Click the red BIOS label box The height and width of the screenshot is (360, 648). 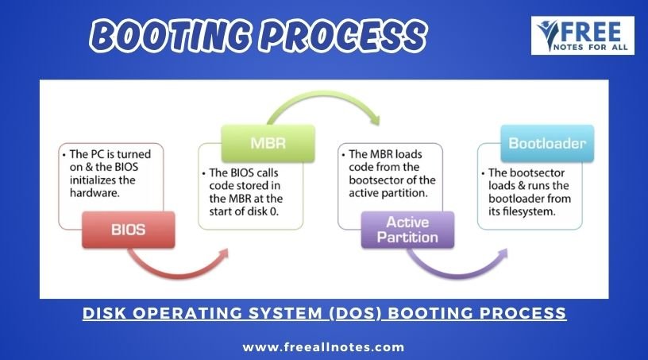129,230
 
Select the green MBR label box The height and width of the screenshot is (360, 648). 268,143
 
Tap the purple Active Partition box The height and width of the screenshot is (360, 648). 407,230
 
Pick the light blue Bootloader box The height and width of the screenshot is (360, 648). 547,143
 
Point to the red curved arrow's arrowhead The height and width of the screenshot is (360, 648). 223,254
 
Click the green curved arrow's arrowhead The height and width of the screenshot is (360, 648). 374,119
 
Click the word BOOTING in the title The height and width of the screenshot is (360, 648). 170,36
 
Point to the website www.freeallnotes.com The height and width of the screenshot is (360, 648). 323,346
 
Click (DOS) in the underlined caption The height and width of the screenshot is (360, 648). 356,313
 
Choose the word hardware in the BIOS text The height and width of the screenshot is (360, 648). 94,193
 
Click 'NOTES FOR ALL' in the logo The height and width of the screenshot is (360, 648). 591,48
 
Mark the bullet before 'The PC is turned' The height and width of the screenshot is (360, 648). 64,155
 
